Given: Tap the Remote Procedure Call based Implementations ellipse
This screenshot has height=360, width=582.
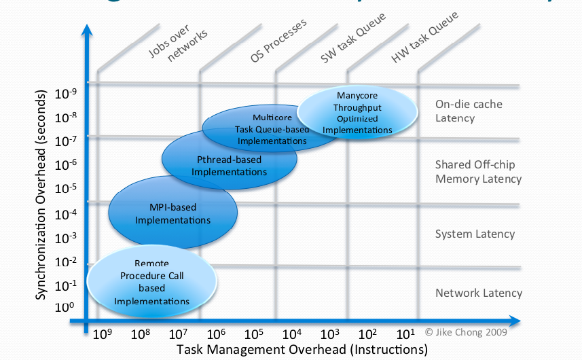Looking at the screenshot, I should (151, 283).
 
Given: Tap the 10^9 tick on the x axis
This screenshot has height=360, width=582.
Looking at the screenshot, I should (103, 334).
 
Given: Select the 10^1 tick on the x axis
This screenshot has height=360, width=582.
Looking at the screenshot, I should (406, 334).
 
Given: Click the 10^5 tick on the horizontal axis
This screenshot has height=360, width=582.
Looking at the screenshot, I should (254, 334).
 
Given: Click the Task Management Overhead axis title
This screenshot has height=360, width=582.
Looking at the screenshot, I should (302, 350).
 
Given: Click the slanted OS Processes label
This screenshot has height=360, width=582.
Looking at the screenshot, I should (278, 41).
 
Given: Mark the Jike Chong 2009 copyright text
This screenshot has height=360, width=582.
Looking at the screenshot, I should (467, 332).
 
